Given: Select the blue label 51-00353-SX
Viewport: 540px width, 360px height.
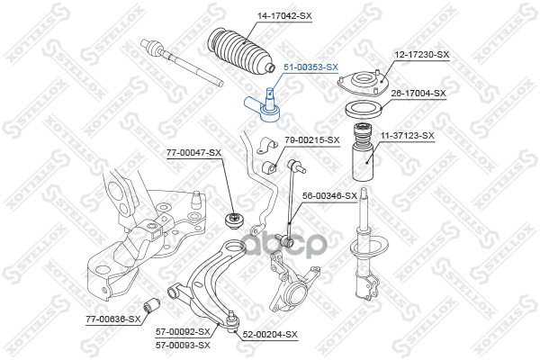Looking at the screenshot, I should pyautogui.click(x=311, y=67).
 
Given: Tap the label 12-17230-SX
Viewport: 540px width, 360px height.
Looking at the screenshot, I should pyautogui.click(x=421, y=55).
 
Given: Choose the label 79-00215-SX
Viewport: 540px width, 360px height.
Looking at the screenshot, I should pyautogui.click(x=312, y=139).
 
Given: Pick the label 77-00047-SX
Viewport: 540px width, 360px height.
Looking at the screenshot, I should pyautogui.click(x=193, y=153).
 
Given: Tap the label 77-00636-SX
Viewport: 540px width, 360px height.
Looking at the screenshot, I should pyautogui.click(x=113, y=319).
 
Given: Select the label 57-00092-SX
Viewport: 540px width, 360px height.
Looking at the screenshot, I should pyautogui.click(x=183, y=332).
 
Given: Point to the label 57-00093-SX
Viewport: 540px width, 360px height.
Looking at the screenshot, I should pyautogui.click(x=183, y=345).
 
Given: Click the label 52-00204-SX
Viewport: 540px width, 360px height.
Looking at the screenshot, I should pyautogui.click(x=270, y=334).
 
